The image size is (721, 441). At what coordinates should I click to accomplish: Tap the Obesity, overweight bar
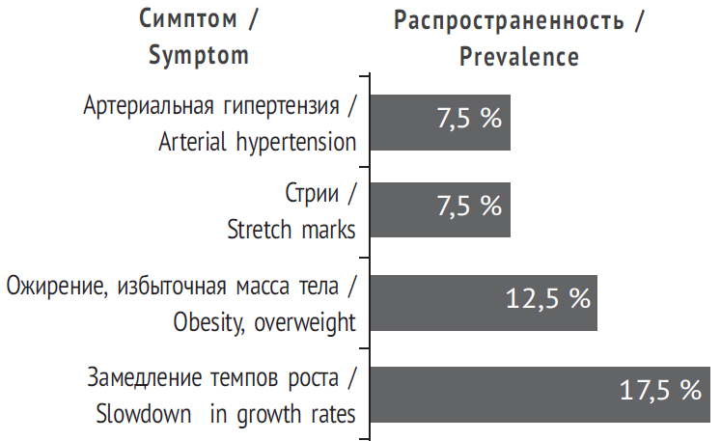click(x=434, y=303)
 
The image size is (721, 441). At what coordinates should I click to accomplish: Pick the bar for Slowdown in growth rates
click(x=483, y=394)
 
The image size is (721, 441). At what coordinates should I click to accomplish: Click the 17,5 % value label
click(x=660, y=391)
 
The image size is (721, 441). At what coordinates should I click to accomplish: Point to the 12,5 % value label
click(x=547, y=300)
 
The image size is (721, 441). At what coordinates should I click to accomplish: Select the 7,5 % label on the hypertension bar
click(x=469, y=120)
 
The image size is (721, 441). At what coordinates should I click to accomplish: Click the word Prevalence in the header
click(x=519, y=57)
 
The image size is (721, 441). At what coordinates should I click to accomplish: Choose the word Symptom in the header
click(x=199, y=56)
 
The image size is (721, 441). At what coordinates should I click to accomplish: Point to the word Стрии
click(x=313, y=194)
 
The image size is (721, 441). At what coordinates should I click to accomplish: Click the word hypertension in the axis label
click(x=296, y=143)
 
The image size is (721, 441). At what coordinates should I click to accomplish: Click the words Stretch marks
click(x=291, y=230)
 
